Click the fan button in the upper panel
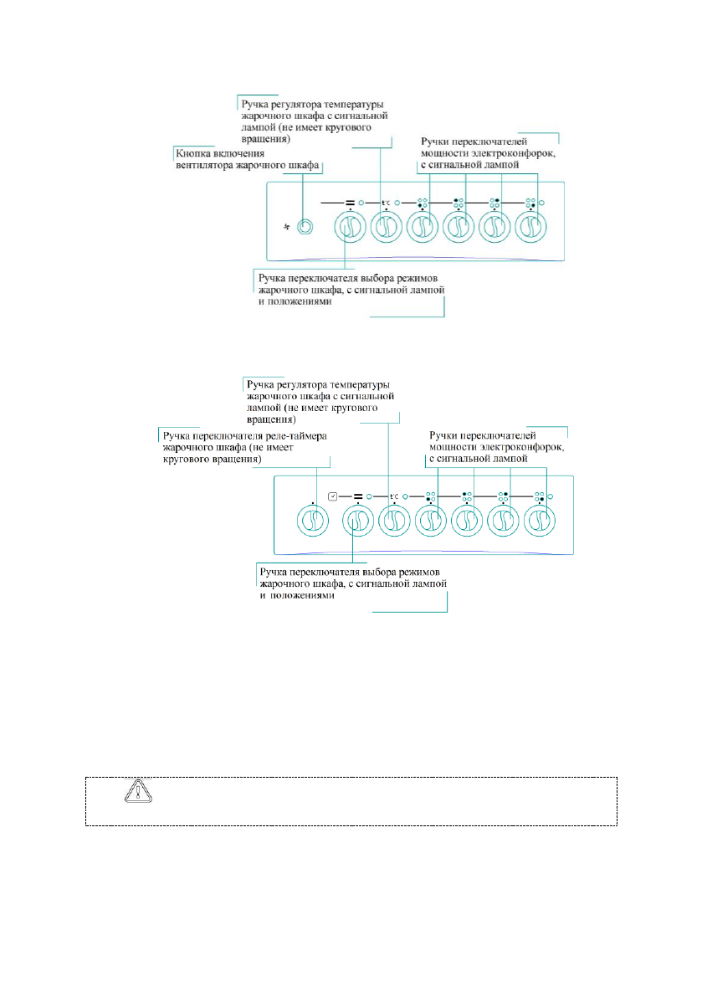coord(306,227)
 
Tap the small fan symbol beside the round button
coord(287,227)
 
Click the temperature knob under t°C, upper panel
coord(384,227)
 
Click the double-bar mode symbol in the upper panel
coord(351,202)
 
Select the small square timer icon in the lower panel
coord(332,496)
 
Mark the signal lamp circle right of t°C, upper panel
coord(398,202)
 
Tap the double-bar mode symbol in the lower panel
coord(357,496)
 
